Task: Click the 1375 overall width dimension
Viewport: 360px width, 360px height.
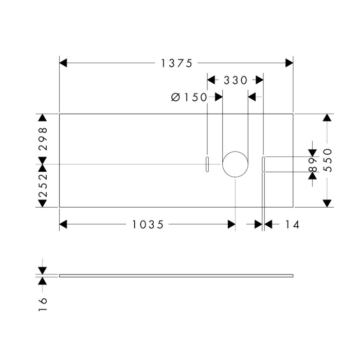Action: [176, 63]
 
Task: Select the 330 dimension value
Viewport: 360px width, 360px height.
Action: [236, 80]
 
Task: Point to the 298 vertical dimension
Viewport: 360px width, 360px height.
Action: [43, 137]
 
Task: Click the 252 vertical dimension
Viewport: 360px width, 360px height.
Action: [43, 186]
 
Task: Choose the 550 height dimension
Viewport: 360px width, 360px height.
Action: [328, 160]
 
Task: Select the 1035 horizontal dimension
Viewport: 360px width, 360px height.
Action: [148, 224]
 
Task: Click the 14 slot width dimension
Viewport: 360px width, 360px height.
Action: [291, 224]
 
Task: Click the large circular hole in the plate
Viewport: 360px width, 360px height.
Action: [235, 164]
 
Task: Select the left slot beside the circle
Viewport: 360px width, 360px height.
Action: [207, 164]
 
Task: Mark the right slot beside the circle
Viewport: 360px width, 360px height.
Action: [263, 164]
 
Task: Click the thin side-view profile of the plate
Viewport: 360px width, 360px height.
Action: [176, 276]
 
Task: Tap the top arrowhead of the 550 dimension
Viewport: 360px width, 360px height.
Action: [327, 118]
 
